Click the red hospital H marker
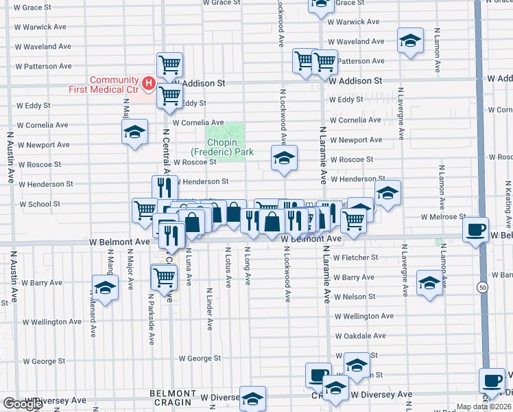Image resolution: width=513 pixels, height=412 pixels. [147, 84]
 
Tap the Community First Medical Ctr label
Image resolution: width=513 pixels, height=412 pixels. [103, 84]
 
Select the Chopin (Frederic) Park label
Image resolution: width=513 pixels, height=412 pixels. [222, 147]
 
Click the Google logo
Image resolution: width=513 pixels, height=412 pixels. [23, 404]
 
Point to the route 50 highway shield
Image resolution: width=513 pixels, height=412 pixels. [483, 288]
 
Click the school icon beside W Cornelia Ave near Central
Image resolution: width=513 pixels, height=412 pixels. [135, 130]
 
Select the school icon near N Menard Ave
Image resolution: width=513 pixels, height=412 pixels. [105, 287]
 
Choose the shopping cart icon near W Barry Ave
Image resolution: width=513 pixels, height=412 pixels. [164, 277]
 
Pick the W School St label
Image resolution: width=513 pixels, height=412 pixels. [40, 204]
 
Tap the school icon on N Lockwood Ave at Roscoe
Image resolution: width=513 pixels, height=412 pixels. [283, 159]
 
